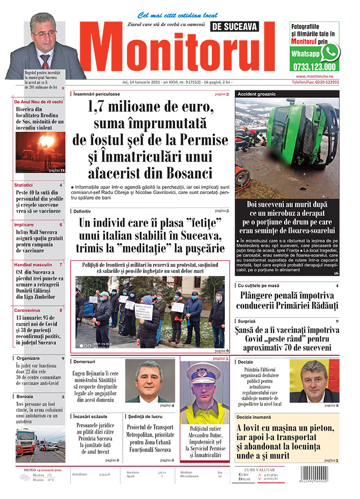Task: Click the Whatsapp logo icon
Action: tap(330, 52)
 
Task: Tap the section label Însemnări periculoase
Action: tap(97, 94)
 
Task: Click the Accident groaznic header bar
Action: tap(287, 94)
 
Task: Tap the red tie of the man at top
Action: tap(45, 61)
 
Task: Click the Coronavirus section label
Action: tap(27, 310)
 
